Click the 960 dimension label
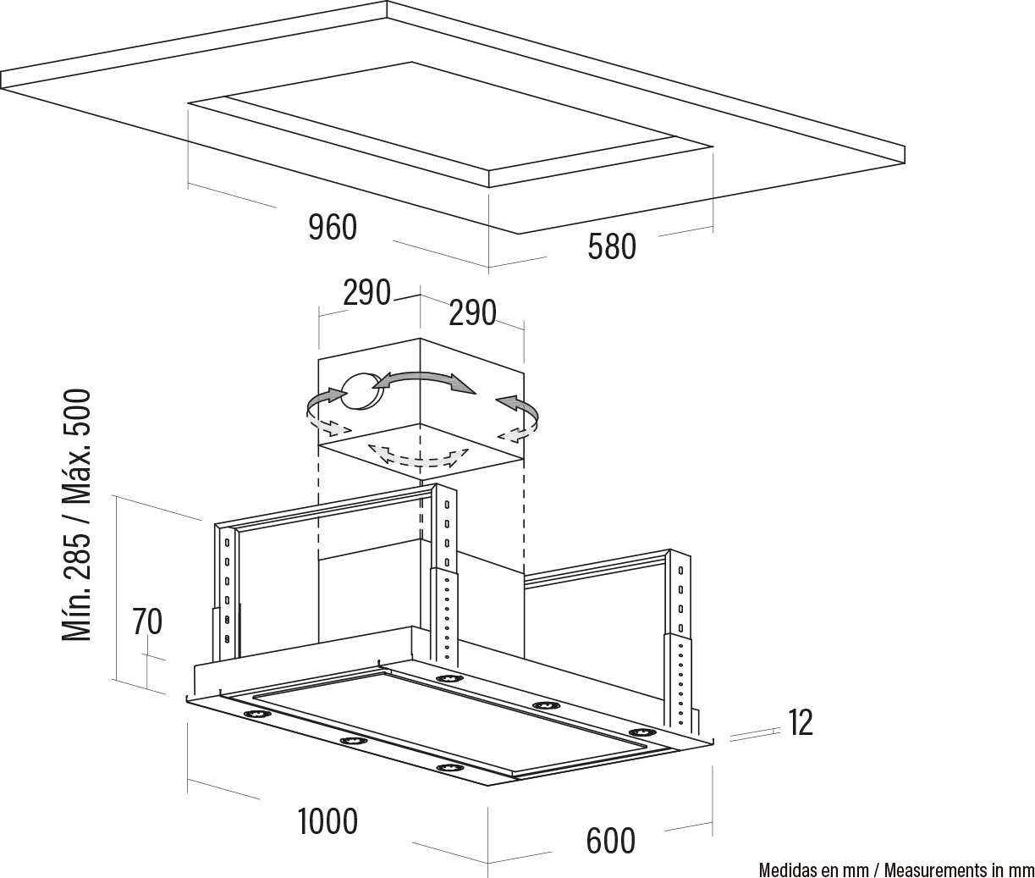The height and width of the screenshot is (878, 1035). coord(333,227)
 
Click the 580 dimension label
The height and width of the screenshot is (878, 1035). coord(612,246)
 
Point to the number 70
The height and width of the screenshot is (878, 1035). coord(147,621)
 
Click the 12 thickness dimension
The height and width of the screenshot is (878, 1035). coord(801,722)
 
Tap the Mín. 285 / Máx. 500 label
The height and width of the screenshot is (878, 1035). coord(77,515)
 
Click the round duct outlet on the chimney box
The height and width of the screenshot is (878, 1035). coord(361,391)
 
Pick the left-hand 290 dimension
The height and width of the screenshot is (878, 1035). coord(366,292)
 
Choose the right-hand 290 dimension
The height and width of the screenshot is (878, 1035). coord(472,312)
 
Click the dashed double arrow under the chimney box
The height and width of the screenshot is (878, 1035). coord(419,456)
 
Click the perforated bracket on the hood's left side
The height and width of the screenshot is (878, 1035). coord(227,591)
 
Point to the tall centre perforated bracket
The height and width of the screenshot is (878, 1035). coord(444,575)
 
